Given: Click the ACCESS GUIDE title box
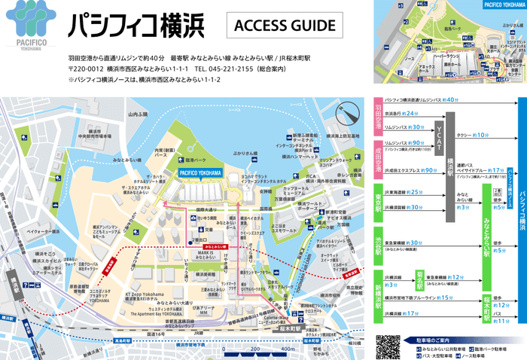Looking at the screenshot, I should (285, 26).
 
